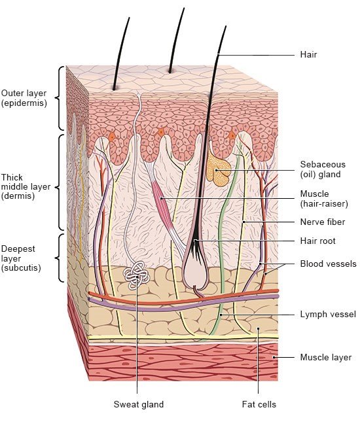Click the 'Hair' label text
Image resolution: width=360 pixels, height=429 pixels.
coord(308,54)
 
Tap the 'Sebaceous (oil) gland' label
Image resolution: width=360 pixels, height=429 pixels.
coord(323,169)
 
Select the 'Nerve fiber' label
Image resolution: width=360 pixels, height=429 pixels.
coord(323,222)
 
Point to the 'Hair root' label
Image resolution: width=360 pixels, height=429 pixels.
coord(317,241)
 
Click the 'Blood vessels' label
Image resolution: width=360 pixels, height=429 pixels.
coord(328,264)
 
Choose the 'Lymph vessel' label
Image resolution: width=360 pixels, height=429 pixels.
coord(328,314)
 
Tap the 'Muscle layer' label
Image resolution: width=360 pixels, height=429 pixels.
coord(326,357)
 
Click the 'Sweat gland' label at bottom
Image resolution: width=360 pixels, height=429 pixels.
coord(139,404)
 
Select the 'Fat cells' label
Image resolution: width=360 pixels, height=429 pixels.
coord(259,404)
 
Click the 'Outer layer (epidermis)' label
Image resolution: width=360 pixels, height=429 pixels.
coord(24,98)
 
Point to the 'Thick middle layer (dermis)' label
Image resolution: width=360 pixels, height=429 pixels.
coord(26,187)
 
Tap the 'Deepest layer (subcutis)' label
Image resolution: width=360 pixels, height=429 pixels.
coord(21,258)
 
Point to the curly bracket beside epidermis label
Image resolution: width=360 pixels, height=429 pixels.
coord(60,98)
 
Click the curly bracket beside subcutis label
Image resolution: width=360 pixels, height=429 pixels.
coord(60,258)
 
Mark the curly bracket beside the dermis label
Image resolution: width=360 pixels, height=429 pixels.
coord(60,182)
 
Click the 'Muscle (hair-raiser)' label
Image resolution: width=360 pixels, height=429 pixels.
coord(324,199)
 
